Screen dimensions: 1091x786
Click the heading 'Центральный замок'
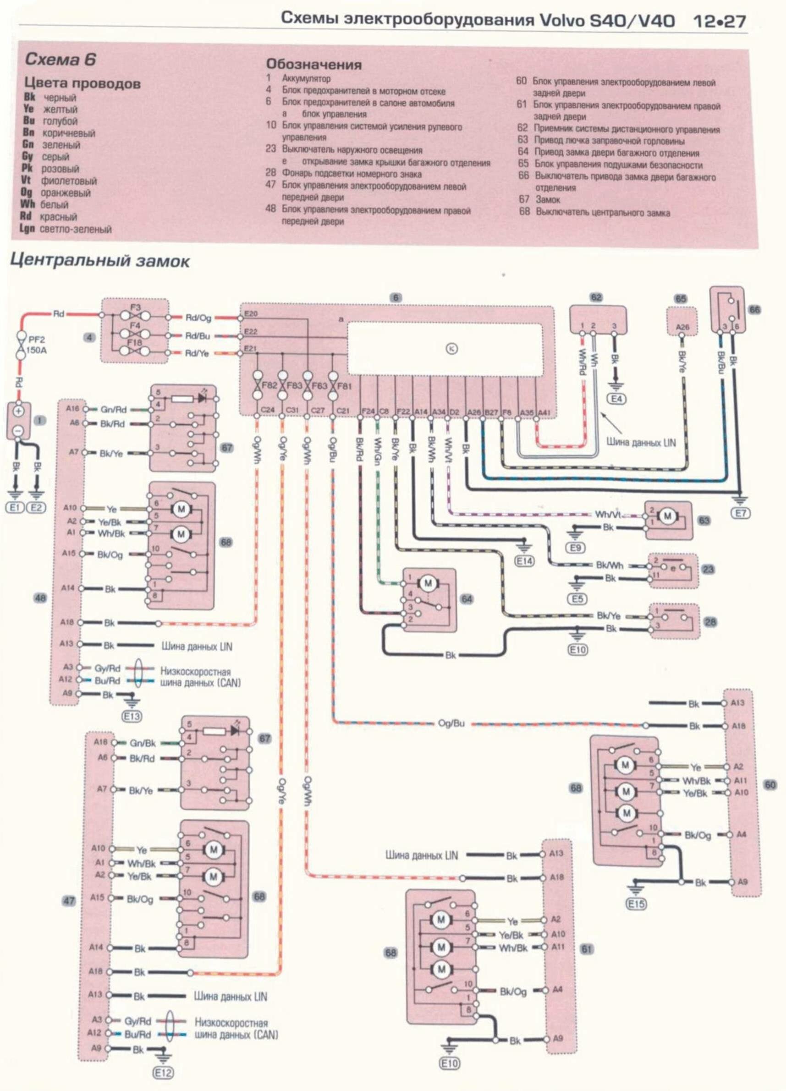click(x=99, y=261)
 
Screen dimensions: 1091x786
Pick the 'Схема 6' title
click(x=60, y=60)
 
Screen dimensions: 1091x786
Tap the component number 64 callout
click(x=466, y=599)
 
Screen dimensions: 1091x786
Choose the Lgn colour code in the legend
click(x=27, y=229)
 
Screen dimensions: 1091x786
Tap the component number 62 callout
click(x=596, y=298)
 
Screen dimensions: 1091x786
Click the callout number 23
click(x=708, y=570)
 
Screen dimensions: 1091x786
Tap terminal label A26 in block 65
click(x=682, y=327)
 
